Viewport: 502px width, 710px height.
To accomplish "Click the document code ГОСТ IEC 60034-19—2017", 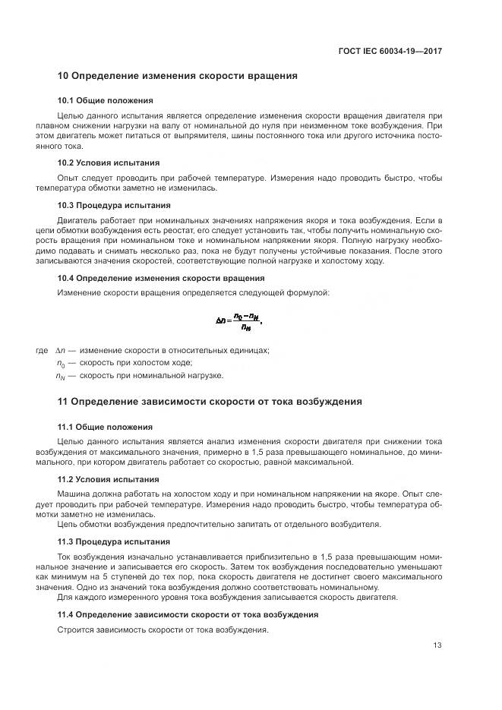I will point(390,51).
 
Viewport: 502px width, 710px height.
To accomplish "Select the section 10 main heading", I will point(177,76).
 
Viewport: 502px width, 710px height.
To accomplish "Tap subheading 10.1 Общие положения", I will point(105,100).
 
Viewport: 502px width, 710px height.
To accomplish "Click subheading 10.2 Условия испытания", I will point(108,163).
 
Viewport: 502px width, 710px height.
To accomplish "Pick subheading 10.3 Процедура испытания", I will point(114,205).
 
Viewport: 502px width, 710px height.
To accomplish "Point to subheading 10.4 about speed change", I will point(161,278).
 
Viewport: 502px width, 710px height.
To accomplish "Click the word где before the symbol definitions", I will point(42,350).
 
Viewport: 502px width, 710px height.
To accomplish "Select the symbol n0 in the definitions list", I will point(59,363).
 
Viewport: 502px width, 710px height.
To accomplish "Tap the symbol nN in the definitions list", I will point(60,376).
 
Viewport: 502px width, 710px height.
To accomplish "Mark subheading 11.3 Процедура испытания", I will point(114,541).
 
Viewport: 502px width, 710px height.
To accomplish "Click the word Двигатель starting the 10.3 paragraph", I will point(79,219).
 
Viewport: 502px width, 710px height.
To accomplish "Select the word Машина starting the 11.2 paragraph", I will point(74,493).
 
